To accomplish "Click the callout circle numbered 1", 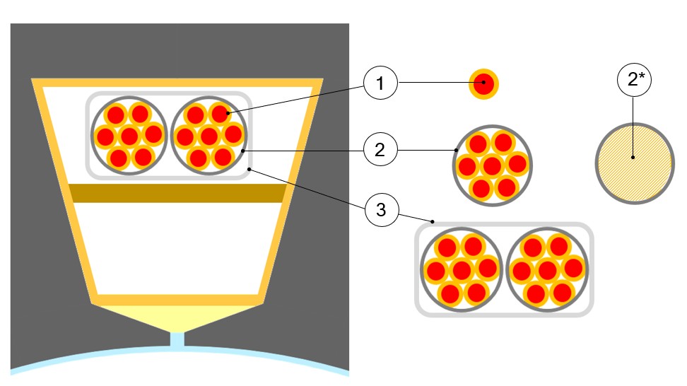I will tap(380, 84).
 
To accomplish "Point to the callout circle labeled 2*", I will tap(633, 81).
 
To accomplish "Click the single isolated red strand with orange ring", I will tap(484, 84).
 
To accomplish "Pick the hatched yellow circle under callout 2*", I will tap(633, 163).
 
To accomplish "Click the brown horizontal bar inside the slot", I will tap(177, 193).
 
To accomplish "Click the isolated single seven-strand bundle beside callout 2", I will tap(492, 167).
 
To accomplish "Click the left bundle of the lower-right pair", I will tap(462, 269).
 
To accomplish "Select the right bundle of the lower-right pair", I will tap(547, 269).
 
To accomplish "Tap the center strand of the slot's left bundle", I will tap(128, 136).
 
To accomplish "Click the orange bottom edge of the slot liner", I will tap(177, 300).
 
